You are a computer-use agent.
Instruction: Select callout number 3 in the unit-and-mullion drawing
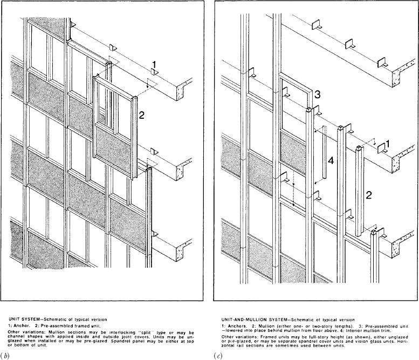(318, 94)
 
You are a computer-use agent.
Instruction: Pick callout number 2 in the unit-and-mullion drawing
(367, 197)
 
